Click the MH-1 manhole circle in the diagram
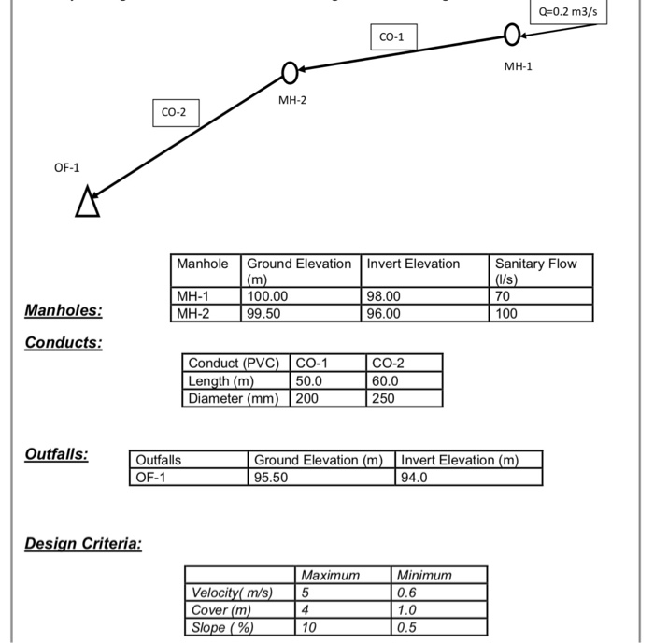(x=512, y=36)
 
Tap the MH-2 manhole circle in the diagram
(x=290, y=72)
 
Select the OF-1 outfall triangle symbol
(x=87, y=202)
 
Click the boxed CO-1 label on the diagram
(x=392, y=37)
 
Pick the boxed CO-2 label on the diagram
(x=174, y=112)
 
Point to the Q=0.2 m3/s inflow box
(x=568, y=11)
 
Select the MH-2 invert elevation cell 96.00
(x=383, y=313)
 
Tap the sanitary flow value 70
(x=504, y=296)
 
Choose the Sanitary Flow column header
(x=536, y=271)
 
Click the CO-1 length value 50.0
(x=309, y=380)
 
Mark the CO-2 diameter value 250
(x=384, y=397)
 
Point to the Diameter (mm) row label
(x=234, y=397)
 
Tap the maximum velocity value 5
(x=305, y=593)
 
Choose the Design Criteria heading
(x=83, y=543)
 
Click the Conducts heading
(x=64, y=342)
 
